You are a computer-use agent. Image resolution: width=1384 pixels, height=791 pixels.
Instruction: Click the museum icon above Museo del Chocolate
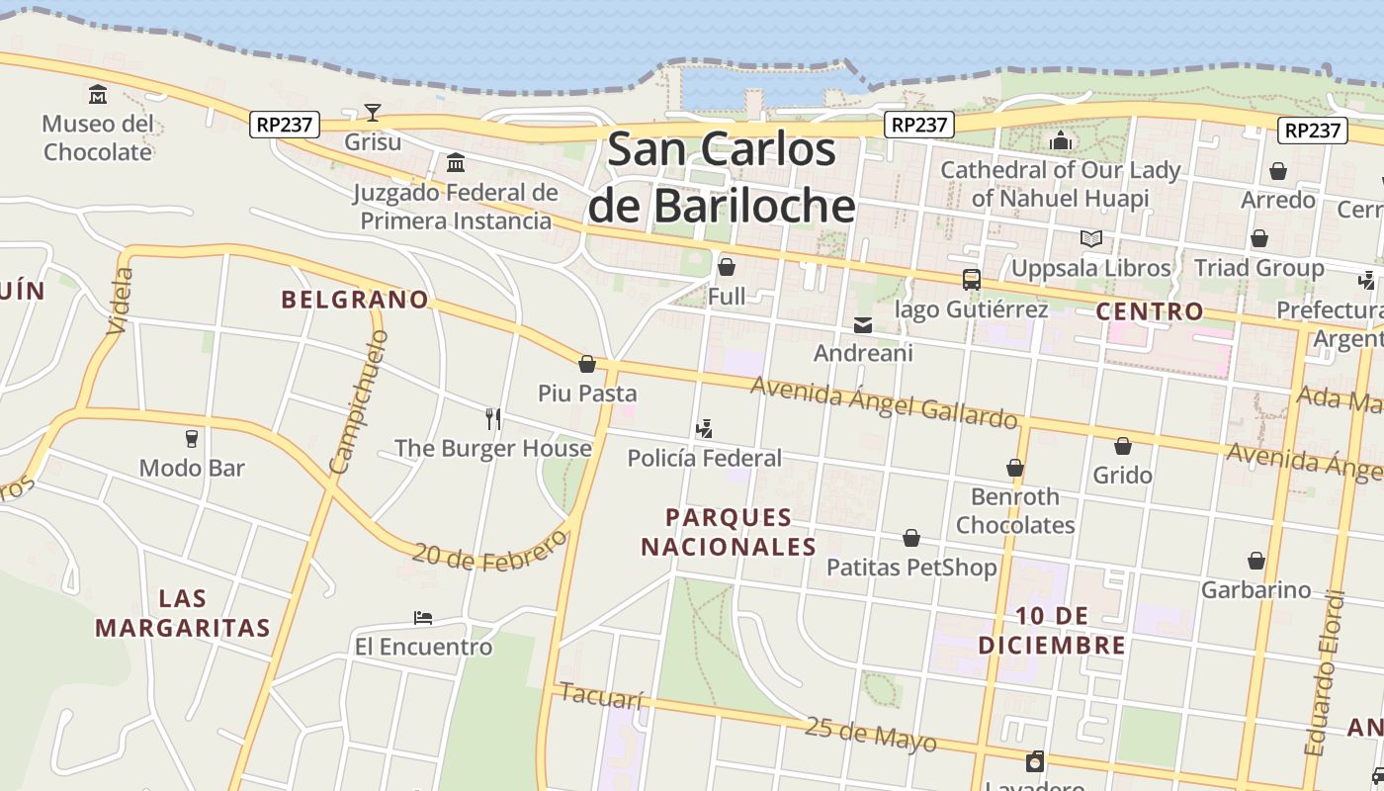98,95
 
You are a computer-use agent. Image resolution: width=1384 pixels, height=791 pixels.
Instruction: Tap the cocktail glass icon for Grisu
373,112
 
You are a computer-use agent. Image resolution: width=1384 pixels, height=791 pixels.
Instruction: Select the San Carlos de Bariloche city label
721,178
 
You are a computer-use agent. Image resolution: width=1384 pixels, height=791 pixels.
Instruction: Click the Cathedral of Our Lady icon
1061,140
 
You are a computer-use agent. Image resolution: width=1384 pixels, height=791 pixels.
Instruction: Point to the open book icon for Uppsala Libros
1090,238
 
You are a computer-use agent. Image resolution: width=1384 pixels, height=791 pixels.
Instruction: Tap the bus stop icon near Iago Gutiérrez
972,280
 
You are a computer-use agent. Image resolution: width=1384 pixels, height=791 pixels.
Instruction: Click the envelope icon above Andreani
863,324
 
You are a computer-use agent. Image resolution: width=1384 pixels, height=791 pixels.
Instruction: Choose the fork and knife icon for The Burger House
493,419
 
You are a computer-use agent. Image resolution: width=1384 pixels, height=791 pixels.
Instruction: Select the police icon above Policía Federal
704,429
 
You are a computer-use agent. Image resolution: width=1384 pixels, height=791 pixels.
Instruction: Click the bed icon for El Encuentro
423,618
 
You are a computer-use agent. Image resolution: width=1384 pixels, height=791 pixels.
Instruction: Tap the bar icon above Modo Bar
192,439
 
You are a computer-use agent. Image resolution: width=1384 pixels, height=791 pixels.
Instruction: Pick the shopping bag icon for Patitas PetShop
911,538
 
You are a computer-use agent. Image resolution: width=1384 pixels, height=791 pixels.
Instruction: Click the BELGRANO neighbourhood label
355,299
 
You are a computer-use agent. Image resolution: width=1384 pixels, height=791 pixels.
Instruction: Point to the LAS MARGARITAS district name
183,613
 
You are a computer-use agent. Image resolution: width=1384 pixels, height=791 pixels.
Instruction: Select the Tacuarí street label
601,696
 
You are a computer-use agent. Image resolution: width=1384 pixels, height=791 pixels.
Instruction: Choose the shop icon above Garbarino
1256,561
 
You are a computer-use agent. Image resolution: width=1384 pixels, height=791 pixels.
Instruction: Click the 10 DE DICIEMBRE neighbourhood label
1052,631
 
